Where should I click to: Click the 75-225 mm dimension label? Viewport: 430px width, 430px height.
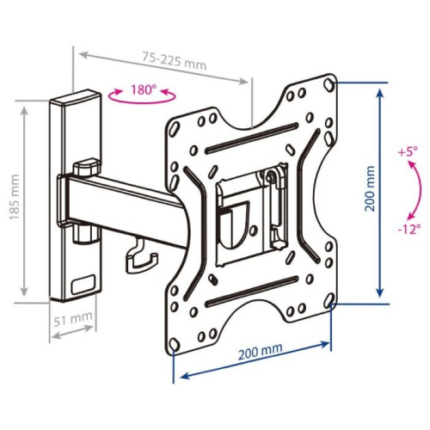tap(175, 61)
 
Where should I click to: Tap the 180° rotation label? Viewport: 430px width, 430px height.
tap(142, 89)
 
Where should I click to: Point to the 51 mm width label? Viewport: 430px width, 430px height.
tap(73, 319)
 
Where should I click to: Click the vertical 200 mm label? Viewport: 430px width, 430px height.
tap(370, 188)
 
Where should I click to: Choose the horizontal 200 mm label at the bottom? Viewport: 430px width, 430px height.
tap(261, 351)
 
